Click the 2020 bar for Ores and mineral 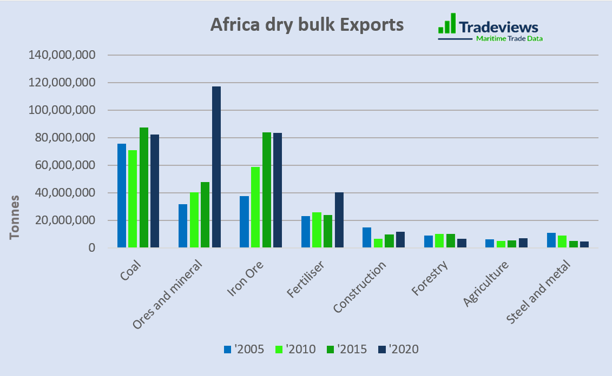click(216, 167)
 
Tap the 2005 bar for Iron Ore click(245, 222)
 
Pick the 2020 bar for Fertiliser click(339, 220)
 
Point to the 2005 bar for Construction click(367, 238)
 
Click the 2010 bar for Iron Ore click(255, 207)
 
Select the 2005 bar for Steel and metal click(551, 240)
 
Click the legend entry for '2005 click(244, 349)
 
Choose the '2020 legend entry click(398, 349)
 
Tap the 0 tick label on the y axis click(91, 248)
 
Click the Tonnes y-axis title click(15, 217)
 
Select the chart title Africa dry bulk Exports click(307, 25)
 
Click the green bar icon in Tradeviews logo click(447, 24)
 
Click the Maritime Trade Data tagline click(509, 39)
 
